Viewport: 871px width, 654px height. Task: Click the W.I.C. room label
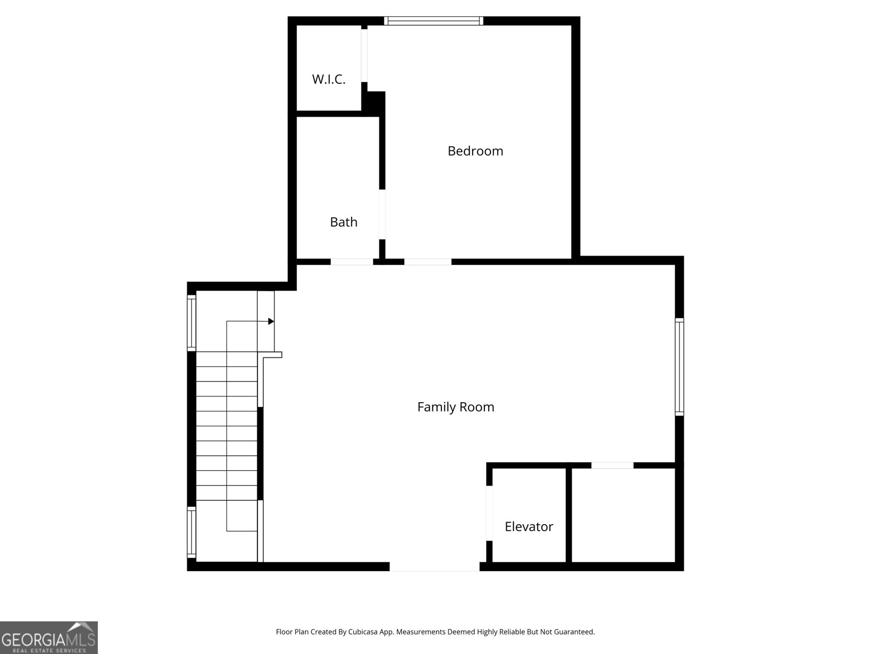[x=328, y=80]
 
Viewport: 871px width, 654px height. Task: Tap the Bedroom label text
[x=475, y=151]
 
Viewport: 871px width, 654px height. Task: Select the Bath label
[x=344, y=222]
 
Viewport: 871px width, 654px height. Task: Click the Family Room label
[x=456, y=407]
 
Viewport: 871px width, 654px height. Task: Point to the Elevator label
[x=529, y=526]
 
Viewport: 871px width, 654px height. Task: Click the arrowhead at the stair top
[x=271, y=322]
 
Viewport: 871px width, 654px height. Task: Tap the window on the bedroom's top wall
[x=434, y=21]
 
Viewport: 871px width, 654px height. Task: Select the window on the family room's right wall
[x=679, y=367]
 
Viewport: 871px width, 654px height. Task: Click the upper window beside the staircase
[x=192, y=323]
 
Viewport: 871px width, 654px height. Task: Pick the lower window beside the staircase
[x=192, y=532]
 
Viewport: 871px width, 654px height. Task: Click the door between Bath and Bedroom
[x=382, y=214]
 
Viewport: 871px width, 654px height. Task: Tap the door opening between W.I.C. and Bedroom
[x=364, y=55]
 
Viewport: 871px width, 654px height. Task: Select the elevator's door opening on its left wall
[x=489, y=512]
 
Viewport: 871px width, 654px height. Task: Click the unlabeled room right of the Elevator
[x=623, y=515]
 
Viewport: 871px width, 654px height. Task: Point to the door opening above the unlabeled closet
[x=612, y=465]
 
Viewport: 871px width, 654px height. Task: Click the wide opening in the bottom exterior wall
[x=434, y=567]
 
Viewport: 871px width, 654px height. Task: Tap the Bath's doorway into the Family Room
[x=352, y=262]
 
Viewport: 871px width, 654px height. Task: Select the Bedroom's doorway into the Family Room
[x=428, y=262]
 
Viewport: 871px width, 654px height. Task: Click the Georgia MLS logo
[x=49, y=638]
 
